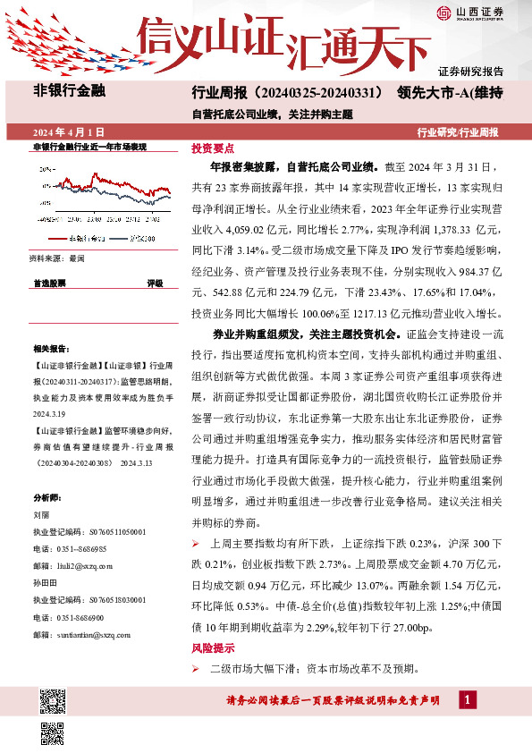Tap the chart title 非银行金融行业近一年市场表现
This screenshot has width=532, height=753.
[89, 146]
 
